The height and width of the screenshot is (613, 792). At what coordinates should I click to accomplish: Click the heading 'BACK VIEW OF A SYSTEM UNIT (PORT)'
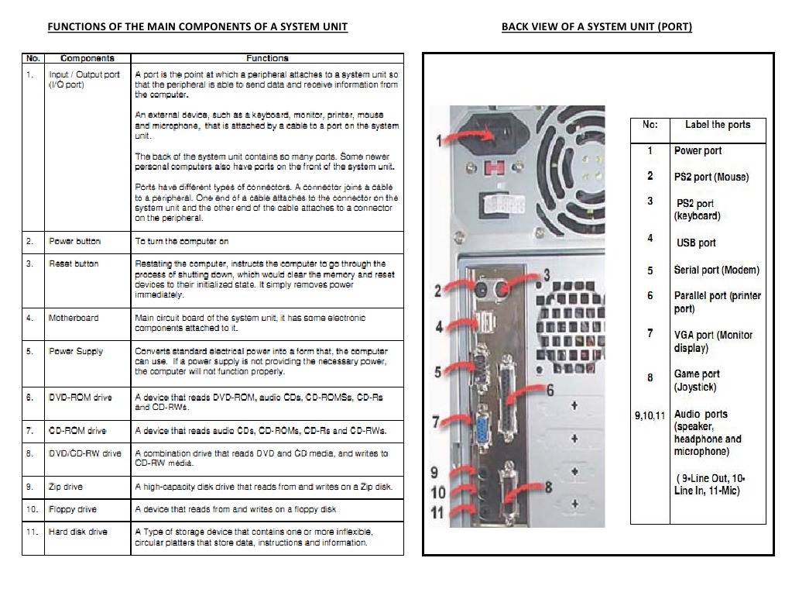[596, 27]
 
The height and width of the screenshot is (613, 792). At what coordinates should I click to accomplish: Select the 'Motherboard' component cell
[74, 318]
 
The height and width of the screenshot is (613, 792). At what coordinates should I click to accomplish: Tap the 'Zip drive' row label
[66, 487]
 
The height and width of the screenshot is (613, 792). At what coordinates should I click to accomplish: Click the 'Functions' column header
[267, 58]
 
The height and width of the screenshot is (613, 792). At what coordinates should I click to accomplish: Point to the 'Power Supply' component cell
[75, 351]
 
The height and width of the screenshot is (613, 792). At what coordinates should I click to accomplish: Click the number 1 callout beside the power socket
[440, 141]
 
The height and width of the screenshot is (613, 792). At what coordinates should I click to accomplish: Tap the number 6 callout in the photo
[550, 389]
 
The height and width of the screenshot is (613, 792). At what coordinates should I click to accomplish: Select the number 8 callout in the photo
[548, 487]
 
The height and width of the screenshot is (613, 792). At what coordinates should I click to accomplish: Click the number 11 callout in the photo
[438, 512]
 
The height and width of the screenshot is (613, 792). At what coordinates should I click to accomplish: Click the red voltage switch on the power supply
[492, 168]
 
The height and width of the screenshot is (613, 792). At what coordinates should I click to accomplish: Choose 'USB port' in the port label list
[696, 243]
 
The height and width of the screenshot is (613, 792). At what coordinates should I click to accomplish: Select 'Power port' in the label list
[698, 151]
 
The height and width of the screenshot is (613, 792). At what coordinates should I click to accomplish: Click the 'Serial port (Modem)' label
[716, 270]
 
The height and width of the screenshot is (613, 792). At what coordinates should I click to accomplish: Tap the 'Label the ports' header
[717, 125]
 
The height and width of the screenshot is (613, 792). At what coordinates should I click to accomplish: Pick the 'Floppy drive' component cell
[72, 509]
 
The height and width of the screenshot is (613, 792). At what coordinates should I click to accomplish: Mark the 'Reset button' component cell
[74, 263]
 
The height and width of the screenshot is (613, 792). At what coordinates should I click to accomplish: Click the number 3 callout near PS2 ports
[547, 274]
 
